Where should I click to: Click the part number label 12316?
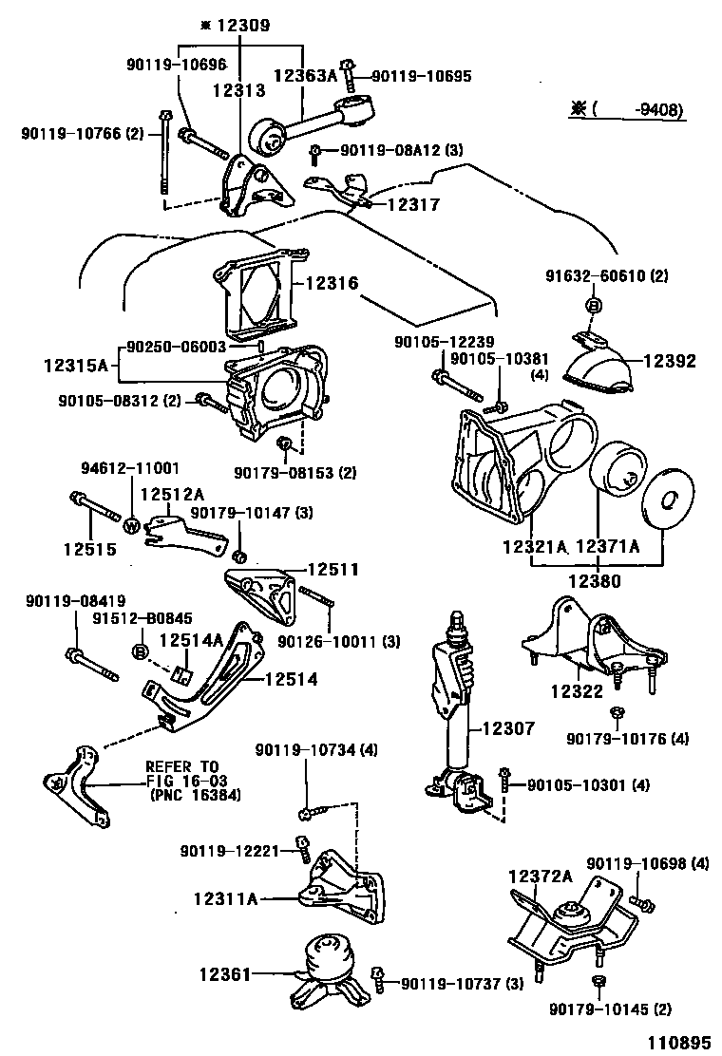click(x=332, y=282)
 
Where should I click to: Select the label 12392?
click(x=670, y=361)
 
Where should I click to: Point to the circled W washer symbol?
click(x=132, y=523)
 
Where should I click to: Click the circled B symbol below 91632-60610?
click(x=591, y=306)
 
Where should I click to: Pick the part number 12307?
click(x=508, y=728)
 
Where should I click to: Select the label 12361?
click(x=225, y=975)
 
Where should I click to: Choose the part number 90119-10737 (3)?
click(x=460, y=982)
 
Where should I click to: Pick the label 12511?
click(x=332, y=569)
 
